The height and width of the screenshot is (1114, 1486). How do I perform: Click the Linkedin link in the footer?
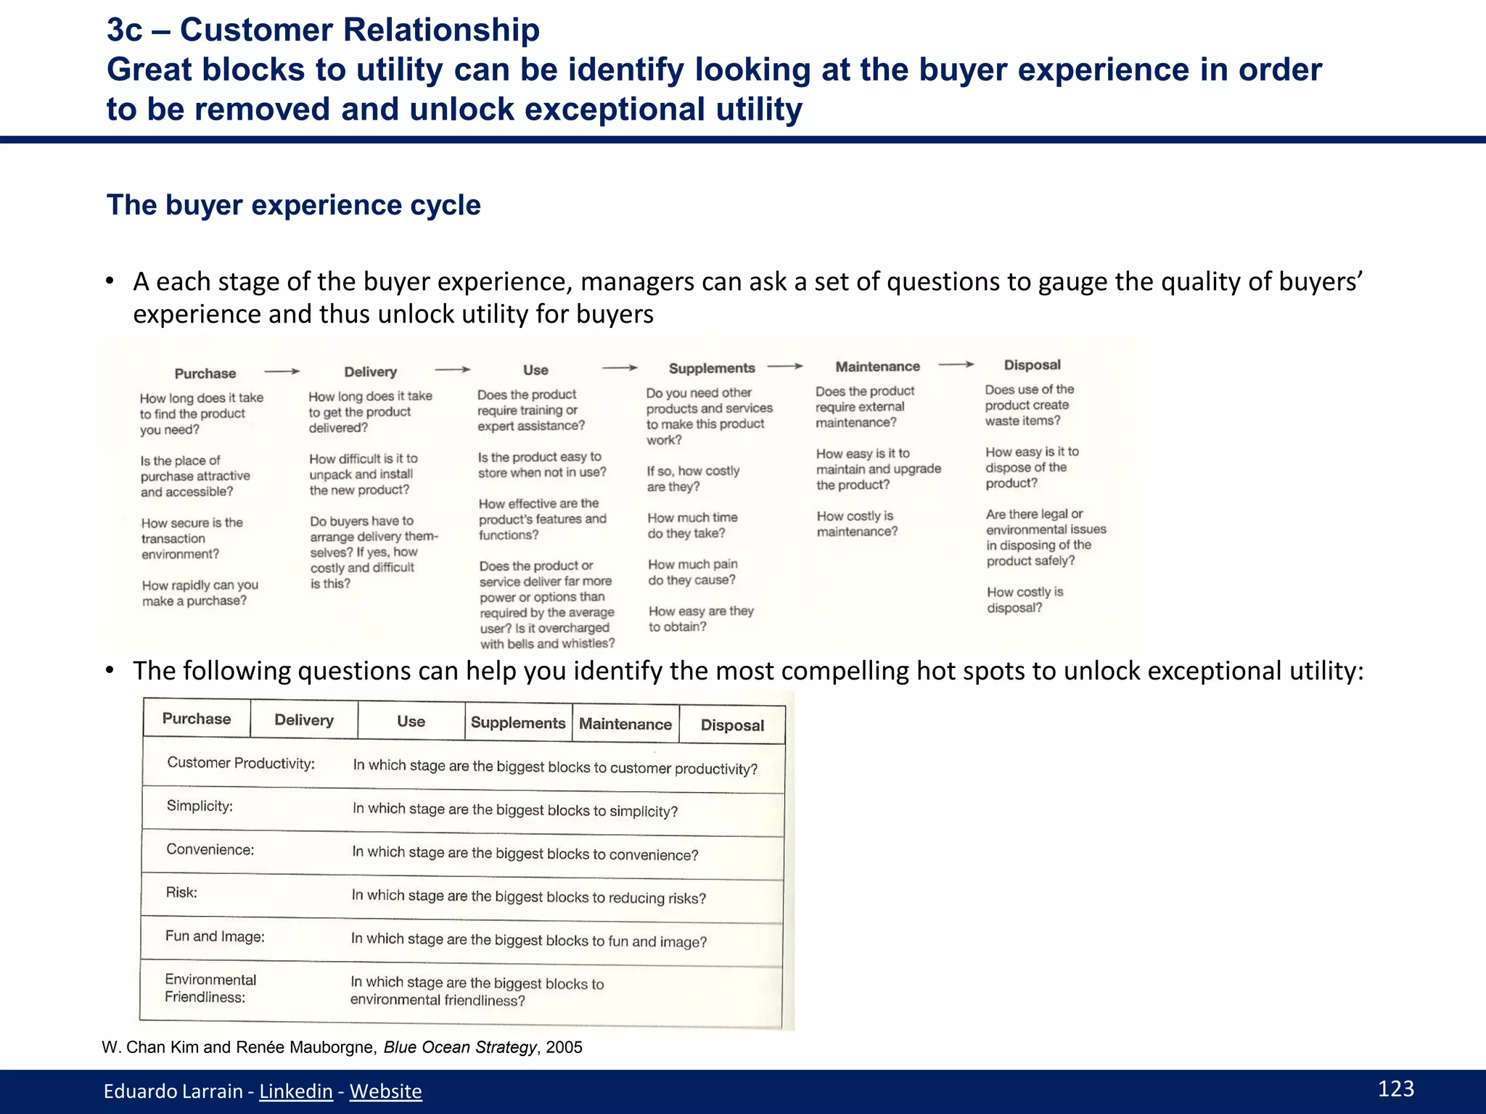[x=295, y=1091]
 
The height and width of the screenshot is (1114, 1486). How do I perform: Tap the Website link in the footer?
[x=385, y=1091]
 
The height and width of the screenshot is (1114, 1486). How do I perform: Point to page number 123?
[x=1395, y=1089]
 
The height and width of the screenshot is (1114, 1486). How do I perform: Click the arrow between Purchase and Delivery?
[x=282, y=371]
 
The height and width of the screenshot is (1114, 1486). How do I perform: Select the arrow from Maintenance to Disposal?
[x=956, y=364]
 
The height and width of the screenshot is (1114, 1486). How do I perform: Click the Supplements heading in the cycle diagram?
[x=711, y=368]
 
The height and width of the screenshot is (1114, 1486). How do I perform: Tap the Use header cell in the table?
[x=411, y=722]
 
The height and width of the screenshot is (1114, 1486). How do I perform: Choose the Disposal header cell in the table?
[x=732, y=725]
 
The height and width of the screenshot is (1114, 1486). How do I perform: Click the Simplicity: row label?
[x=200, y=806]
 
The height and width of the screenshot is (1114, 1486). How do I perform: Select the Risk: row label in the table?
[x=181, y=892]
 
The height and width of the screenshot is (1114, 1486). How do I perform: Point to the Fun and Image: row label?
[x=215, y=936]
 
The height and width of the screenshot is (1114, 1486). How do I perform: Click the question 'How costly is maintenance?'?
[x=857, y=524]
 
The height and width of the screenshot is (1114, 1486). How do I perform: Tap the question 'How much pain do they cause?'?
[x=692, y=572]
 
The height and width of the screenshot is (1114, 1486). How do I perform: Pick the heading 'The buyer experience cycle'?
[x=293, y=205]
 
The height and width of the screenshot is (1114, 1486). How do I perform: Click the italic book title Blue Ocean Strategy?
[x=460, y=1047]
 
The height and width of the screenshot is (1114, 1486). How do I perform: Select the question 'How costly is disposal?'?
[x=1025, y=600]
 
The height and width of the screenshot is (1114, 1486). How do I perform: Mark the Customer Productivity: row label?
[x=241, y=763]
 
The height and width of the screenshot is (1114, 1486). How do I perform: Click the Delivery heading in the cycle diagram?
[x=370, y=372]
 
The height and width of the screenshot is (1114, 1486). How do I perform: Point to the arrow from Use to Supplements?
[x=620, y=368]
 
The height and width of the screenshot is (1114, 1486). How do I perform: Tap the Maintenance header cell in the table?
[x=625, y=724]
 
